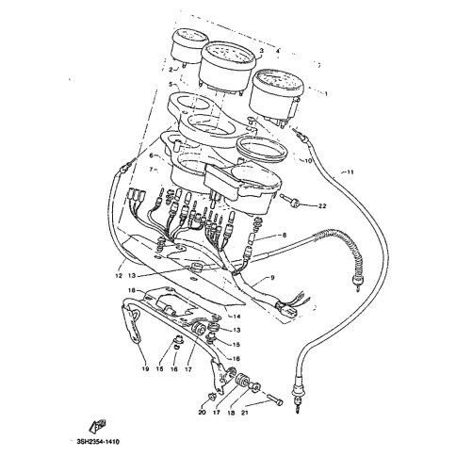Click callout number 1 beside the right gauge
coord(326,94)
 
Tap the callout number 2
coord(171,69)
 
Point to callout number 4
coord(277,49)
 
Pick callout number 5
coord(171,85)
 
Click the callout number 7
coord(151,169)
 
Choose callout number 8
coord(284,235)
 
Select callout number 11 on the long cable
coord(351,172)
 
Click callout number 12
coord(120,276)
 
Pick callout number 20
coord(201,412)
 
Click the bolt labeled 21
coord(274,399)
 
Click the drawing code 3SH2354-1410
coord(105,439)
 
